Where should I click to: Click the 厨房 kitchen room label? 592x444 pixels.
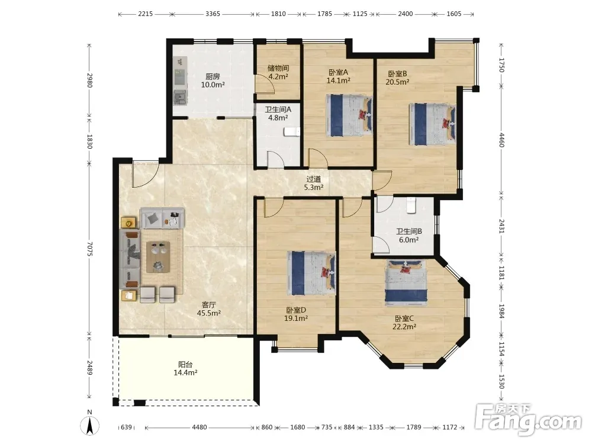click(x=213, y=76)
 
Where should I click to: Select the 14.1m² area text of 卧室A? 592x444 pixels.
click(x=338, y=80)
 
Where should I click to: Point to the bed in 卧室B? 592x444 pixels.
click(x=432, y=124)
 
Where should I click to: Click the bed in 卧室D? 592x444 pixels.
click(x=311, y=273)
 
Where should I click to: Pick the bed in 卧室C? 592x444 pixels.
click(x=406, y=282)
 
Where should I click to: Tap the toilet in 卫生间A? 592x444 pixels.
click(x=291, y=131)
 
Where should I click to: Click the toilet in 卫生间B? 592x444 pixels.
click(x=411, y=205)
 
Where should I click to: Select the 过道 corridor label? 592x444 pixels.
click(x=313, y=179)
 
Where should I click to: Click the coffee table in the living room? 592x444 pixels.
click(x=158, y=257)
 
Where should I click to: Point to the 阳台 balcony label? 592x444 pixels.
click(x=185, y=364)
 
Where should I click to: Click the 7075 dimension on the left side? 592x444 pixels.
click(x=89, y=250)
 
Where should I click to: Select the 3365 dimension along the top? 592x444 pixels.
click(x=213, y=14)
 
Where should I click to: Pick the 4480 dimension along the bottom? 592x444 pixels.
click(x=200, y=427)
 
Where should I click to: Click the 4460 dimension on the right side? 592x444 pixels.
click(x=502, y=140)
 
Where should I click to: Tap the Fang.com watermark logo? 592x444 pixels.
click(x=528, y=419)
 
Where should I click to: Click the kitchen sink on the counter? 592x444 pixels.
click(x=180, y=98)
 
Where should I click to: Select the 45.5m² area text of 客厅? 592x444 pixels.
click(x=209, y=313)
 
